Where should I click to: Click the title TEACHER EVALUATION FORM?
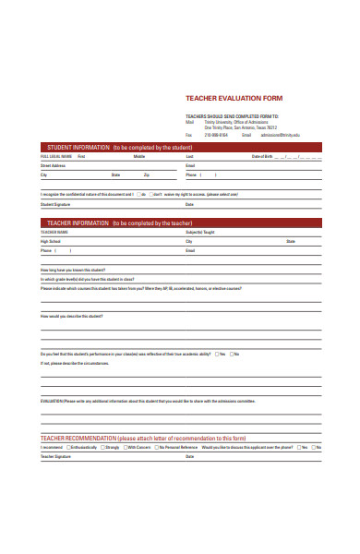234,98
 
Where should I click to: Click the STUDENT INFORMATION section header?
115,147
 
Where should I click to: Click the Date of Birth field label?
263,157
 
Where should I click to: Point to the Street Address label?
53,165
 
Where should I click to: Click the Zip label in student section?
146,175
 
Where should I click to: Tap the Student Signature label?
55,204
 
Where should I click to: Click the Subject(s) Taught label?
201,233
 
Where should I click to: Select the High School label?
50,241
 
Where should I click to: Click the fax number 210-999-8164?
216,134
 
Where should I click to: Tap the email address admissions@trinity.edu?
282,134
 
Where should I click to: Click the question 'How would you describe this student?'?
72,316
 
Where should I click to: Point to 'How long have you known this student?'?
74,270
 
